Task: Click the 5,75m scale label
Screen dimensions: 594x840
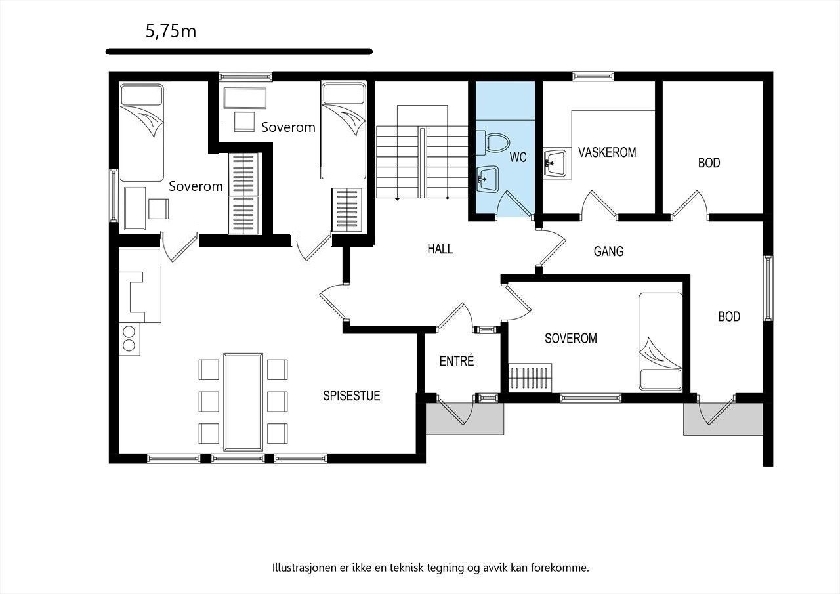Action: pos(171,32)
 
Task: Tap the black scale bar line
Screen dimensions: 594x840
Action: pos(239,51)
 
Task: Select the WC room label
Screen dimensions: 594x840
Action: pos(518,158)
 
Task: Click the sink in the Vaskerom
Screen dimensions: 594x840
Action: pos(556,162)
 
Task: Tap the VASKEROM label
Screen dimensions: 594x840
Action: pos(607,152)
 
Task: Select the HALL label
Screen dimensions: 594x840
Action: pos(440,249)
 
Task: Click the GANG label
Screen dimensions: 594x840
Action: pos(608,251)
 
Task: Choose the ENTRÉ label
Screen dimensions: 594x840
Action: pos(457,361)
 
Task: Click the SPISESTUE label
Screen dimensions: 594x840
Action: pos(352,396)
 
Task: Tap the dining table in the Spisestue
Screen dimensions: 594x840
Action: pos(243,402)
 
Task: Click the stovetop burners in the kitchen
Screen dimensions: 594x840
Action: pos(129,338)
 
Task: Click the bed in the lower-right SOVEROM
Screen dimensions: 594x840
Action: pos(661,341)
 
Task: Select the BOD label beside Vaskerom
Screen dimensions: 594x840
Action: pos(709,163)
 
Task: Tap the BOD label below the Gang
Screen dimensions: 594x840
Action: pos(728,316)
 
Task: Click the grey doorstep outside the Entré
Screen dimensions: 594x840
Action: pos(465,419)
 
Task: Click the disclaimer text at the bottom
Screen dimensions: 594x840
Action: pos(430,568)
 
